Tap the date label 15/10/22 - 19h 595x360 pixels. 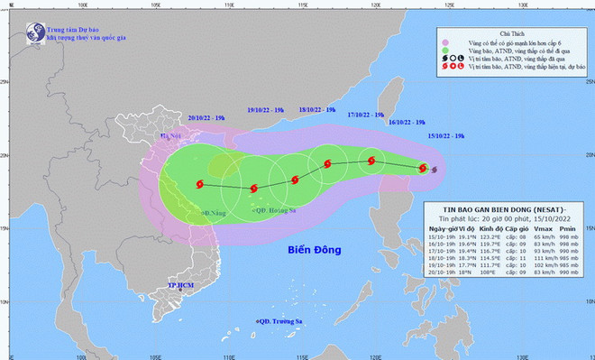click(x=446, y=135)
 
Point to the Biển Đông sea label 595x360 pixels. click(x=316, y=249)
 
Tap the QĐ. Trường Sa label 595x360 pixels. click(x=280, y=321)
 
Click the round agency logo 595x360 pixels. click(x=27, y=28)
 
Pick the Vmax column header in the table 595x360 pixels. click(x=542, y=229)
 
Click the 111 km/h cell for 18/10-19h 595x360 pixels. click(x=542, y=257)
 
